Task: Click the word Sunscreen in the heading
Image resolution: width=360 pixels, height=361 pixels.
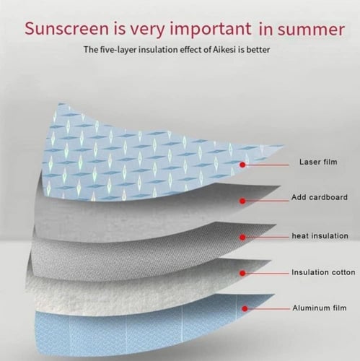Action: [x=66, y=28]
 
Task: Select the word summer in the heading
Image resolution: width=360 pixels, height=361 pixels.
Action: [x=311, y=30]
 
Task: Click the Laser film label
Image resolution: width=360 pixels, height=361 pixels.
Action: [x=318, y=162]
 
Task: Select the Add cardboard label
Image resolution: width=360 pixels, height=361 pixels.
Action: [x=320, y=197]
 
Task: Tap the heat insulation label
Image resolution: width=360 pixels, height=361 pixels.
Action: [x=320, y=236]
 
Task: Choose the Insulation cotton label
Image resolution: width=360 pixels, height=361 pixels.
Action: [x=323, y=272]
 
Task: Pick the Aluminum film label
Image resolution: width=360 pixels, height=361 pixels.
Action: [x=320, y=308]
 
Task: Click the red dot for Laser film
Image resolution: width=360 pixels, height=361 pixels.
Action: [x=242, y=165]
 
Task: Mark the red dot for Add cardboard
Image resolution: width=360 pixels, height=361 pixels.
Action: [x=242, y=201]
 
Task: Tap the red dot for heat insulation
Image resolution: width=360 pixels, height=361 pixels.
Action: [x=242, y=238]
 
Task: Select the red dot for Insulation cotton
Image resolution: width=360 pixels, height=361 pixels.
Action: [x=242, y=273]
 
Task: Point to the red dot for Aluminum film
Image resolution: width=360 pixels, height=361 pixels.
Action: [x=245, y=308]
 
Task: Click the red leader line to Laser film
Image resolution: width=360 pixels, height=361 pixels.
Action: [x=267, y=165]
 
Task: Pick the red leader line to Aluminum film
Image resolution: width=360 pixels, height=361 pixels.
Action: [x=269, y=308]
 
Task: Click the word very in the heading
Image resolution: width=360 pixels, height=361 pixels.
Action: [x=148, y=30]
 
